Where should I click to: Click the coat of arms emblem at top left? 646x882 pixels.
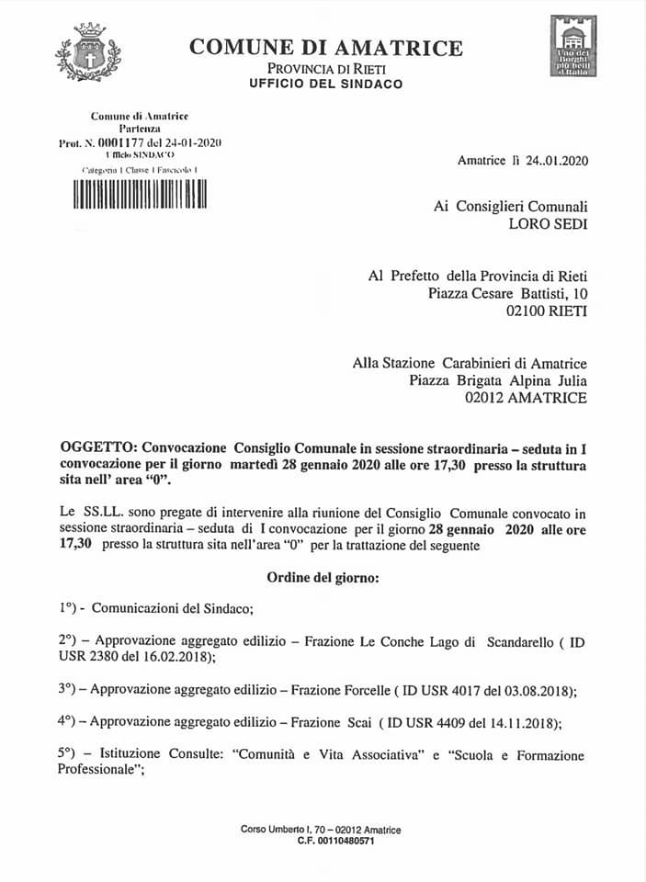point(88,52)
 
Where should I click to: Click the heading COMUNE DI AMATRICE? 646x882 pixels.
point(326,48)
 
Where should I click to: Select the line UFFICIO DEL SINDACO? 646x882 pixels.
point(325,84)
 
